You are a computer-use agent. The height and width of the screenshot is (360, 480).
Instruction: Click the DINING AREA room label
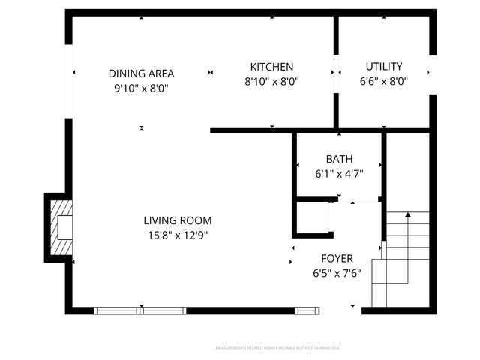[x=141, y=73]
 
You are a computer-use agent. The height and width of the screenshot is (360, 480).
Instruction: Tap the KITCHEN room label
[x=271, y=67]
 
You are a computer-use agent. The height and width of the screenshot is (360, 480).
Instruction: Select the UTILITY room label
[x=383, y=67]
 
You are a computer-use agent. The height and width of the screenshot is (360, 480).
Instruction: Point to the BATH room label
[x=338, y=159]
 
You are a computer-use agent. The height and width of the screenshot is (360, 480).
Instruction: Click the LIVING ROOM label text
[x=178, y=220]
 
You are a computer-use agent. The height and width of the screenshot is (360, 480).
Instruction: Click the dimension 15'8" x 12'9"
[x=178, y=235]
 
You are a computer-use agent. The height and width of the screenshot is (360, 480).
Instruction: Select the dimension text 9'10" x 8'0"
[x=141, y=88]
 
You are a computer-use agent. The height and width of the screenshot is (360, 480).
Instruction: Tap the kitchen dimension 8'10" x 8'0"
[x=271, y=82]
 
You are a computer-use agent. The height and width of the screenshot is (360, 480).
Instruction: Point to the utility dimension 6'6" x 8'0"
[x=383, y=82]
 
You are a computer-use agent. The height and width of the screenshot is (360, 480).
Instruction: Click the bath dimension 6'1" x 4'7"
[x=338, y=174]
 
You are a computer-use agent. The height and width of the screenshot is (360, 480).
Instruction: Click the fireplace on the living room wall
[x=60, y=227]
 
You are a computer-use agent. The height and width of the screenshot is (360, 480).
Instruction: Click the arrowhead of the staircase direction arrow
[x=407, y=215]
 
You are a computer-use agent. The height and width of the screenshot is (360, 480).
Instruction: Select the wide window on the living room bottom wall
[x=140, y=310]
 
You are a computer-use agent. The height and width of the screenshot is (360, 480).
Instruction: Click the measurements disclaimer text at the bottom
[x=277, y=348]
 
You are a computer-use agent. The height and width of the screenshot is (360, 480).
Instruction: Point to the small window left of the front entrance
[x=307, y=310]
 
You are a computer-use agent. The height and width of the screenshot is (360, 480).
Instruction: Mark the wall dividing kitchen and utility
[x=336, y=71]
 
